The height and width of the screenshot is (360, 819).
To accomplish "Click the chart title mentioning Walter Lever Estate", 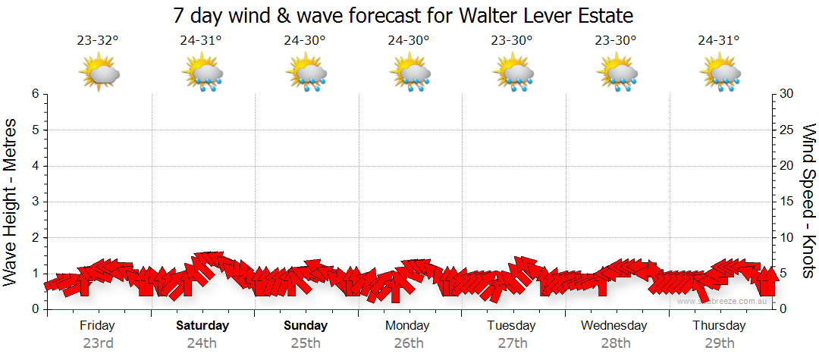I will click(x=403, y=15).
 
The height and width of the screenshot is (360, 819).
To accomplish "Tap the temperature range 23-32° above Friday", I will click(x=98, y=41).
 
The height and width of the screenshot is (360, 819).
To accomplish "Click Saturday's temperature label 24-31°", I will click(x=201, y=41).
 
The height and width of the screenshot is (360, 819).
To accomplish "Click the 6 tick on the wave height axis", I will click(x=34, y=94).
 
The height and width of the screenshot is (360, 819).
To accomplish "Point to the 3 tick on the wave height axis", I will click(x=34, y=202).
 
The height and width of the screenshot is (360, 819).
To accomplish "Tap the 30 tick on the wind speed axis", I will click(x=786, y=94).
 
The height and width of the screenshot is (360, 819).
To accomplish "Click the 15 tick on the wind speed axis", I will click(x=786, y=202).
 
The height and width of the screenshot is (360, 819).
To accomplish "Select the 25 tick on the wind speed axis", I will click(x=786, y=130).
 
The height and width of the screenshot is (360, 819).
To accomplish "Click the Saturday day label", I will click(x=202, y=325).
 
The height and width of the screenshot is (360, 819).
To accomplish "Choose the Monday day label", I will click(x=408, y=325).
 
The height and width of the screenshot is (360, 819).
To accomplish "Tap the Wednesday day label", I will click(x=614, y=325).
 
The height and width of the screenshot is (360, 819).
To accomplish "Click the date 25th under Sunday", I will click(x=305, y=343).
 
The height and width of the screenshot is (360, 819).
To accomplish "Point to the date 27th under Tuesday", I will click(x=513, y=343).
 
